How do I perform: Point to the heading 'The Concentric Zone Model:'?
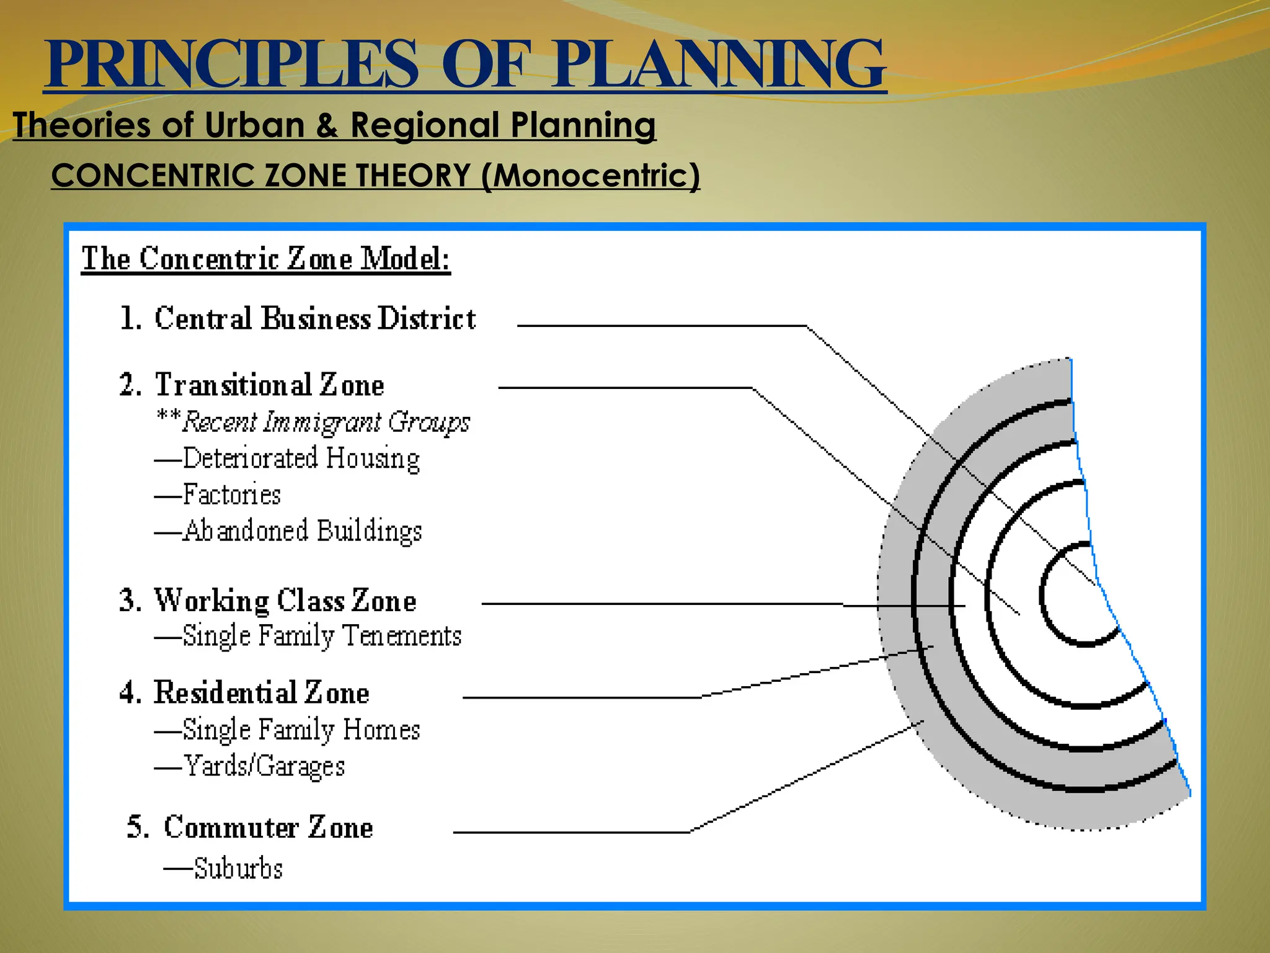point(266,259)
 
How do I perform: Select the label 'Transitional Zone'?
point(270,385)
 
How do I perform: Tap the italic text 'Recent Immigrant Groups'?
point(326,423)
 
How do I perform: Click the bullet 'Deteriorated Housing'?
point(301,459)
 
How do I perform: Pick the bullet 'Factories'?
point(231,495)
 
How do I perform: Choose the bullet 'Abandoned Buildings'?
point(302,532)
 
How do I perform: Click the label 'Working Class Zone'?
point(285,601)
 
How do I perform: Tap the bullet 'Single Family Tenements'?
point(322,637)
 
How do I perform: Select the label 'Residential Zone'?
point(261,693)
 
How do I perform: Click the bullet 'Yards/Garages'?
point(264,766)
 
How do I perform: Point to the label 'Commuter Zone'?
point(269,828)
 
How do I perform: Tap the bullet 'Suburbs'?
point(238,869)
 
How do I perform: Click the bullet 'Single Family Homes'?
point(301,730)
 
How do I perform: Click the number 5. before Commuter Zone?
point(138,828)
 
